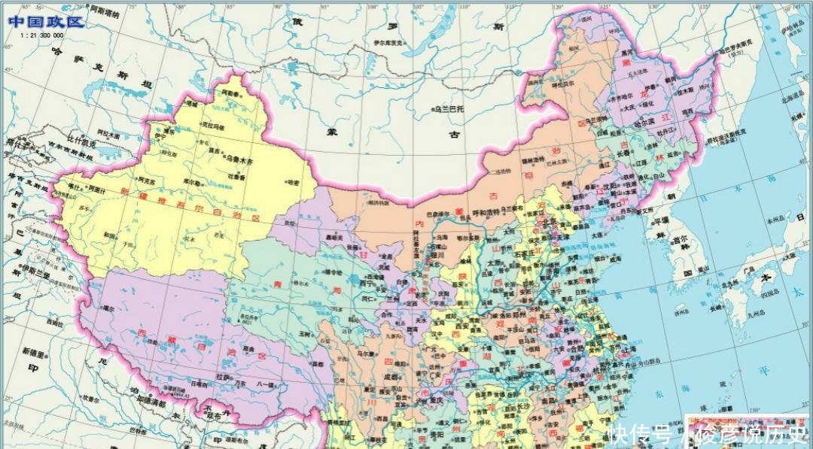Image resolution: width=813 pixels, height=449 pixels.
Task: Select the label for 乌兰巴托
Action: (x=449, y=109)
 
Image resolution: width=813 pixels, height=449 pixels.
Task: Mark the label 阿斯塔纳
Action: (x=104, y=13)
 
